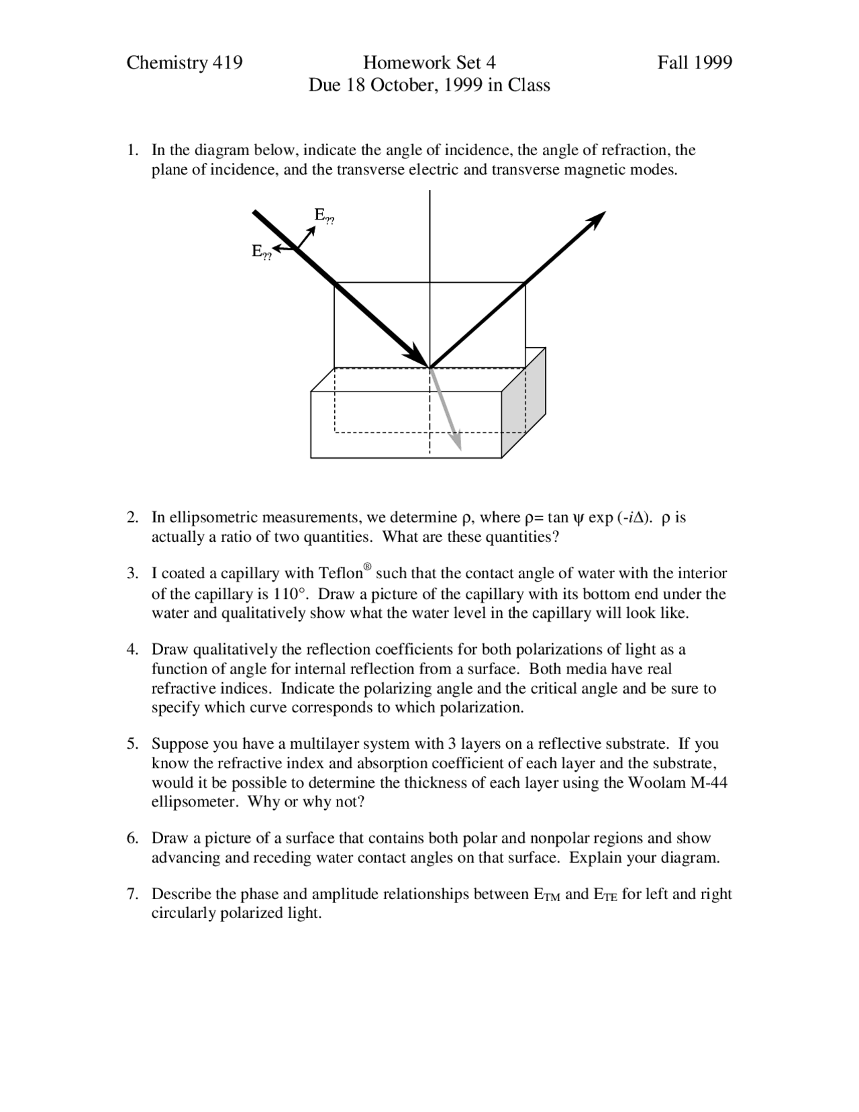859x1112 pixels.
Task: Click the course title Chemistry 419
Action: (185, 63)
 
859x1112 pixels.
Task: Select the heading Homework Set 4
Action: (429, 63)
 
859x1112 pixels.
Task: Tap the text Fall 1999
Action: (694, 63)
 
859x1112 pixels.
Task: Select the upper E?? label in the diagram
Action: (323, 216)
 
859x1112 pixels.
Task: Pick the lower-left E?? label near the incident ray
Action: (261, 252)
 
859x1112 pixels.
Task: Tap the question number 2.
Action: (132, 518)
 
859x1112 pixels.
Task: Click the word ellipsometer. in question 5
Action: (194, 802)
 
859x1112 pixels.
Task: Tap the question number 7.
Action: (132, 894)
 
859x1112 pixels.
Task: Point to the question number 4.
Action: (132, 649)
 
